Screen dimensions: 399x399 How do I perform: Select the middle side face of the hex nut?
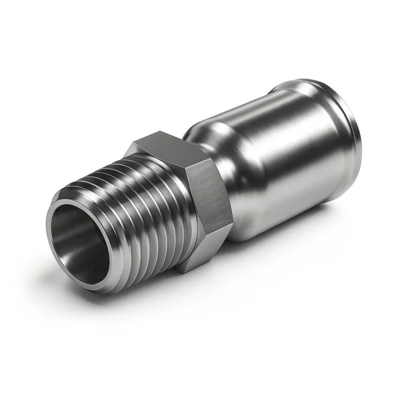pos(207,192)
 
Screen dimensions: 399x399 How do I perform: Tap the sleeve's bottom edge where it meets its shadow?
pos(279,234)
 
